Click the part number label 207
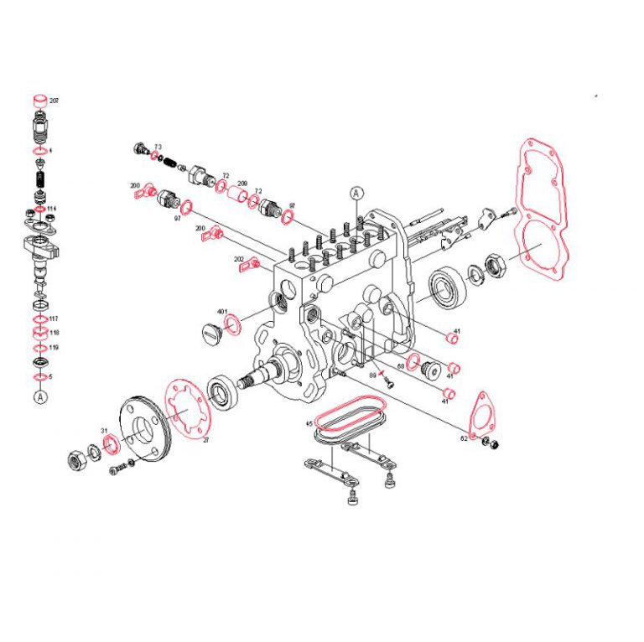pos(55,101)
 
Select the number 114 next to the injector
pos(52,209)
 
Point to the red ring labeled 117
pos(39,319)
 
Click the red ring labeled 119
pos(39,348)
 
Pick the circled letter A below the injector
pos(39,398)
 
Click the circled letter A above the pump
pos(356,192)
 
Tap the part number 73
pos(158,147)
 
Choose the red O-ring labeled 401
pos(235,323)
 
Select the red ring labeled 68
pos(413,364)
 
